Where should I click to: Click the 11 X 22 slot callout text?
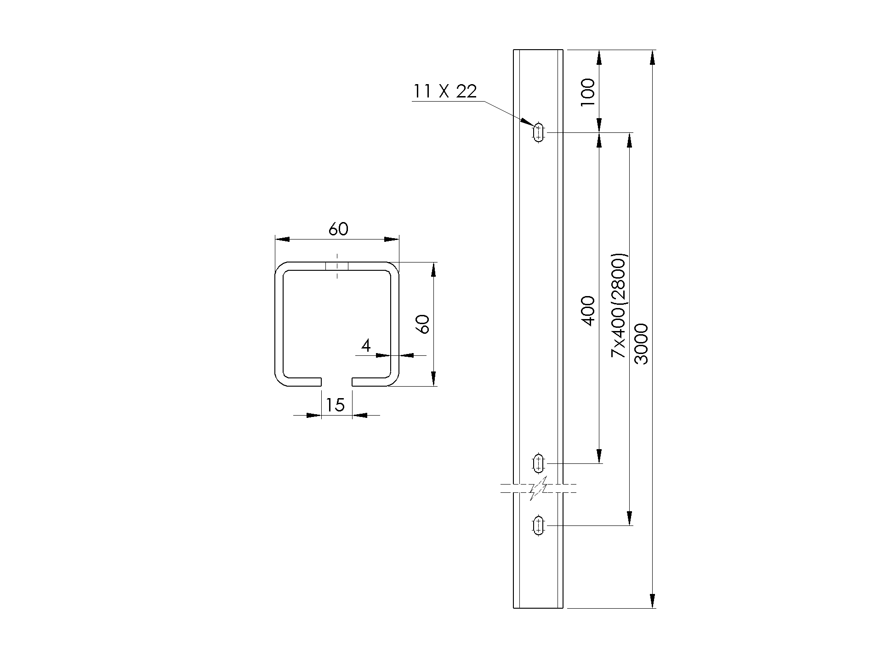pos(445,91)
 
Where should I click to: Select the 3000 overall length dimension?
pos(641,344)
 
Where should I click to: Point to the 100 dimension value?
pos(588,92)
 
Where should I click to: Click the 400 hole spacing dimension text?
pos(588,311)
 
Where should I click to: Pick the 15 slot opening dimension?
pos(335,405)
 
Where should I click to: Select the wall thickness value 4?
pos(366,345)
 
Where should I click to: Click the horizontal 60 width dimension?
pos(338,229)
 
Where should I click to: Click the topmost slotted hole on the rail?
pos(538,133)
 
